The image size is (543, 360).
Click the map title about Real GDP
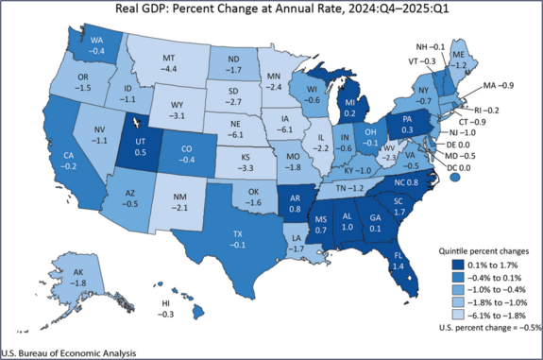click(x=271, y=10)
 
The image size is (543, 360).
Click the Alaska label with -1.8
click(x=82, y=276)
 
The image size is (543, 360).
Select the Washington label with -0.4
click(x=96, y=44)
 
